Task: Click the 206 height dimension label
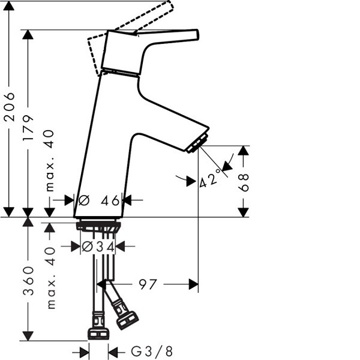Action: (x=9, y=107)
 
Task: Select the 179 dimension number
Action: (x=28, y=128)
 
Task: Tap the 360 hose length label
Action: (x=28, y=281)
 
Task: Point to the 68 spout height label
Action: (x=244, y=182)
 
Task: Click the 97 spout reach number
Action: (x=148, y=284)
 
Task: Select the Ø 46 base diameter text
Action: (x=99, y=200)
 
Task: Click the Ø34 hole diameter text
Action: (x=98, y=247)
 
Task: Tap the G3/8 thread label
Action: (x=152, y=351)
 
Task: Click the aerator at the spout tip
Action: (x=197, y=143)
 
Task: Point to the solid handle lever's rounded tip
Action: (x=197, y=34)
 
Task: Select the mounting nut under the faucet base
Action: (x=98, y=226)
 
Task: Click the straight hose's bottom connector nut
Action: (x=98, y=334)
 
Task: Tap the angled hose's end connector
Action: (x=127, y=320)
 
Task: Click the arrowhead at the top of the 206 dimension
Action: (x=9, y=6)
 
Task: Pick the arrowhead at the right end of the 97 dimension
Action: (x=194, y=284)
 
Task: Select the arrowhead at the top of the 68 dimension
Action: (x=244, y=151)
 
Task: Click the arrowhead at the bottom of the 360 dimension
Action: (x=28, y=336)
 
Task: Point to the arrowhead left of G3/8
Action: (x=84, y=352)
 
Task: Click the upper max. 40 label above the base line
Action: (x=50, y=161)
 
